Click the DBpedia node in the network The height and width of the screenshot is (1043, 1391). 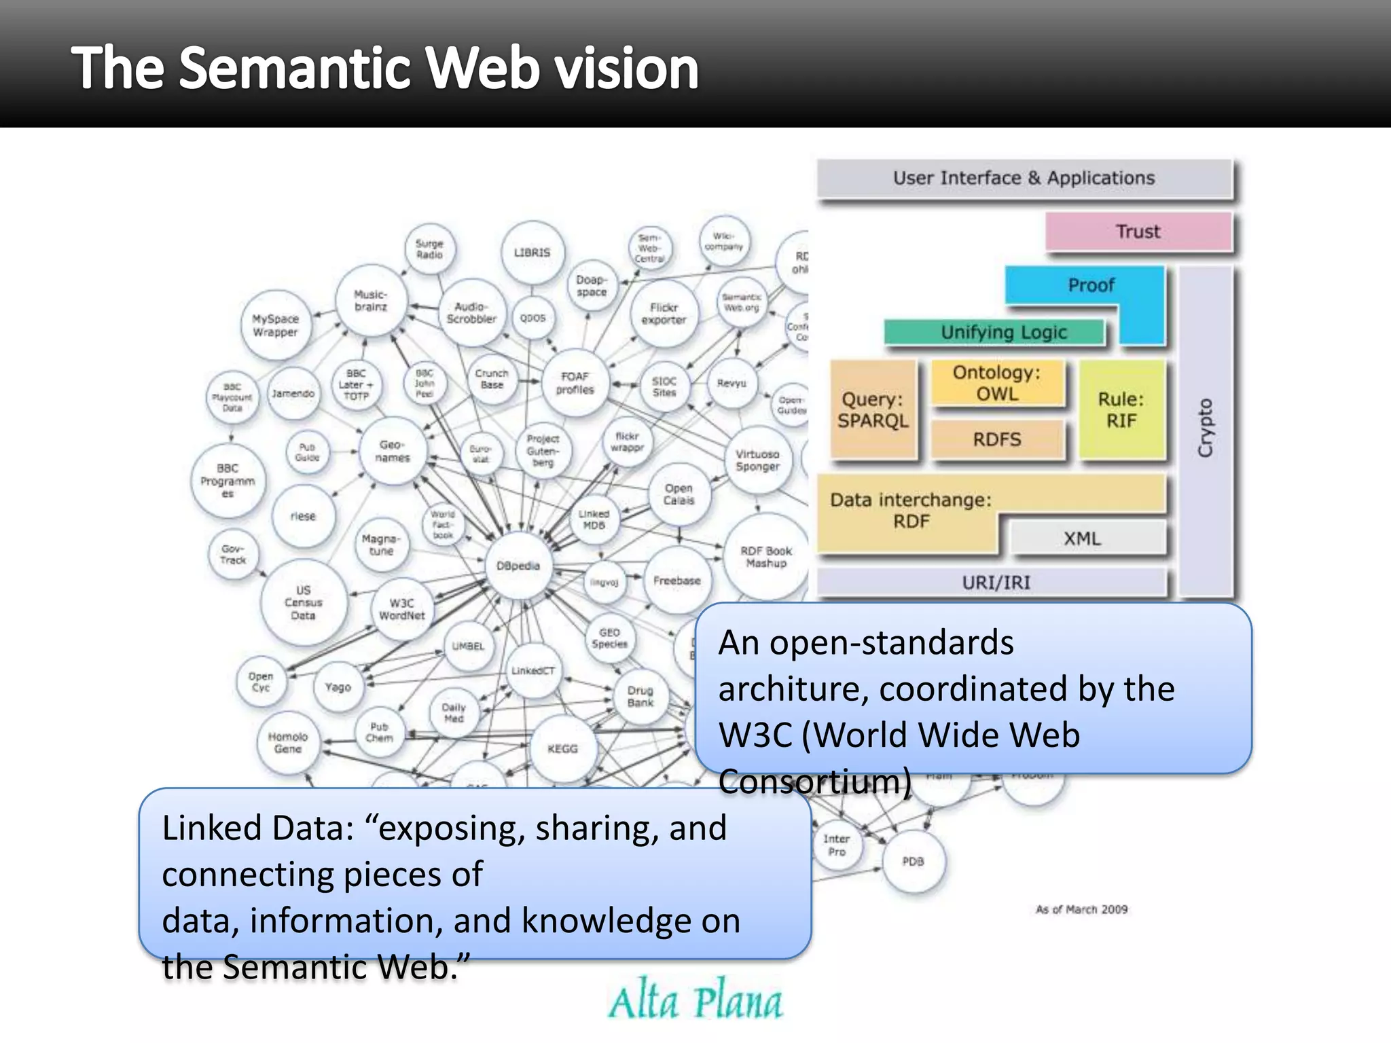point(518,566)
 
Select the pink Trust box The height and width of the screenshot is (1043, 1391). point(1138,232)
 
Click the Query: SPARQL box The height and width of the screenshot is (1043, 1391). point(873,409)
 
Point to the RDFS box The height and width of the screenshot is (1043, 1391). point(996,439)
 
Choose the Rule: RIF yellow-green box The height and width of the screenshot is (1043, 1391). point(1121,409)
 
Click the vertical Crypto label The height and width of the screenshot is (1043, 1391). point(1205,428)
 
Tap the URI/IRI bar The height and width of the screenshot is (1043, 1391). point(995,583)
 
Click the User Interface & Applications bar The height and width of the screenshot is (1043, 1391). point(1024,178)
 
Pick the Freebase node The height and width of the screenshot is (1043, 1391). point(676,581)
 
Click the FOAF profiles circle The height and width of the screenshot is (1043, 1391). point(575,383)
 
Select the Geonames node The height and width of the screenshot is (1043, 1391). point(393,451)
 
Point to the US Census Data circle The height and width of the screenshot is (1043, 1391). point(303,602)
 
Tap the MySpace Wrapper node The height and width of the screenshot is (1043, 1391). point(275,325)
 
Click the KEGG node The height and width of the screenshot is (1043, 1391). point(562,748)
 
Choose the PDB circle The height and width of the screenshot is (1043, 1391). point(913,861)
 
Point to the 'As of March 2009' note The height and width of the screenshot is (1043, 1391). point(1081,909)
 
